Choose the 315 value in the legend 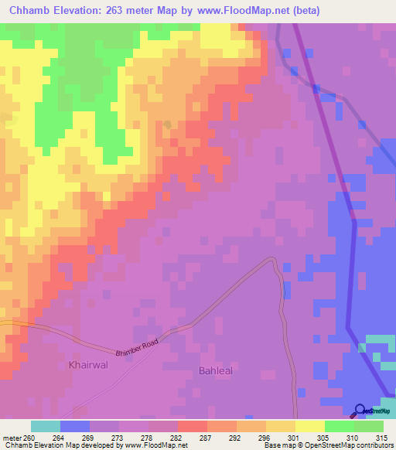point(381,438)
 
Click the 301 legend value point(294,438)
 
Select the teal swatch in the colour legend point(46,426)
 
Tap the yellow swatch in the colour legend point(309,426)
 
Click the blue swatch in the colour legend point(75,426)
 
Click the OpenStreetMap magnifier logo point(360,410)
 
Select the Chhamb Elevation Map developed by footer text point(70,446)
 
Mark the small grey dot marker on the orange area point(168,123)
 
